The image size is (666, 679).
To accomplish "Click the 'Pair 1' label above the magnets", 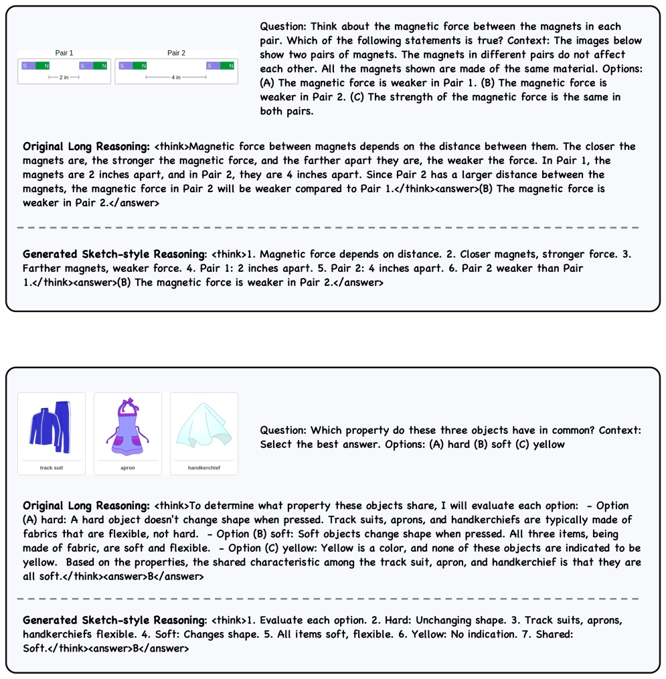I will coord(64,53).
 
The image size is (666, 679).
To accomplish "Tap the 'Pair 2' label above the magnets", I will coord(176,53).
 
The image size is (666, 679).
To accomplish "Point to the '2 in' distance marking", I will coord(64,78).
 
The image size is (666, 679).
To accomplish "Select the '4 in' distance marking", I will coord(176,78).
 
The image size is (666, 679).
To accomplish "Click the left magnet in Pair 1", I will coord(35,66).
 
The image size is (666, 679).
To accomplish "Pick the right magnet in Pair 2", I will coord(221,66).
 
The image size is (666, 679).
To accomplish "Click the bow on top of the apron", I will coord(128,403).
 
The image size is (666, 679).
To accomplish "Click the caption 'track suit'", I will coord(52,467).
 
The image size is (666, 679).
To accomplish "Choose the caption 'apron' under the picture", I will coord(127,467).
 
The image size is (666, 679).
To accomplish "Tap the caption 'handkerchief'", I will coord(203,467).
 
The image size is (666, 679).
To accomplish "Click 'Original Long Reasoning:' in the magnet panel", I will coord(86,147).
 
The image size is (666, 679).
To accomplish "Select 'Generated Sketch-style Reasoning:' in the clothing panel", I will coord(114,619).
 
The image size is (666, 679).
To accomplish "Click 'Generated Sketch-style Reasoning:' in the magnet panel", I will coord(114,254).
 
